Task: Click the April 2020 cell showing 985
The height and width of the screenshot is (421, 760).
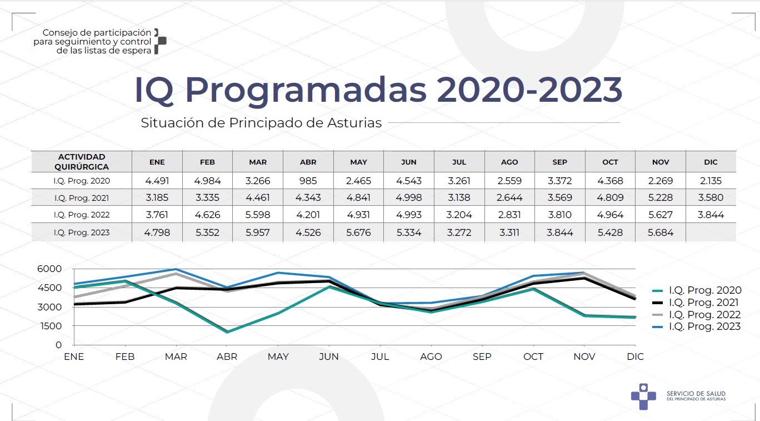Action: [308, 181]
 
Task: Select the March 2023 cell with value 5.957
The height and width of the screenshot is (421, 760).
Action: [258, 232]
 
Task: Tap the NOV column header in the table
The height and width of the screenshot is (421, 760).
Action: [661, 162]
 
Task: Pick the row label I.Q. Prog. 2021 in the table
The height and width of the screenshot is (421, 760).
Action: [82, 198]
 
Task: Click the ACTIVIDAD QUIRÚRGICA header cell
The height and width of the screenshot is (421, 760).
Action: [82, 162]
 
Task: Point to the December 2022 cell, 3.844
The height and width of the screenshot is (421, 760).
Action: [711, 215]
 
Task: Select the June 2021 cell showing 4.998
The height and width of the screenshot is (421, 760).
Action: [409, 198]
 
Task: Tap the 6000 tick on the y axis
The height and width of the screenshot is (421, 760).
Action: [51, 269]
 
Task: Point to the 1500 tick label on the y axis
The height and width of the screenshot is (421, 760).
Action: [51, 326]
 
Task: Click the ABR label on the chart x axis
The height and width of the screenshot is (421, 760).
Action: [227, 356]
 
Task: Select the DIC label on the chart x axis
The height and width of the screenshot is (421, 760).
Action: [635, 356]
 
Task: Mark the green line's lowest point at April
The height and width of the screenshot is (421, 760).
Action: [227, 332]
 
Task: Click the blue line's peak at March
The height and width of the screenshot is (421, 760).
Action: [176, 269]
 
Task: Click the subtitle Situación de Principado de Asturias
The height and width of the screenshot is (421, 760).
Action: [261, 123]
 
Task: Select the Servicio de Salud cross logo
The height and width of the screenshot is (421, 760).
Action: [643, 396]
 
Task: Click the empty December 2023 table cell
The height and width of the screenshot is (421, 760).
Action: [711, 232]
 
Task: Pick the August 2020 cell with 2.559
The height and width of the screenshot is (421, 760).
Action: [509, 181]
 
